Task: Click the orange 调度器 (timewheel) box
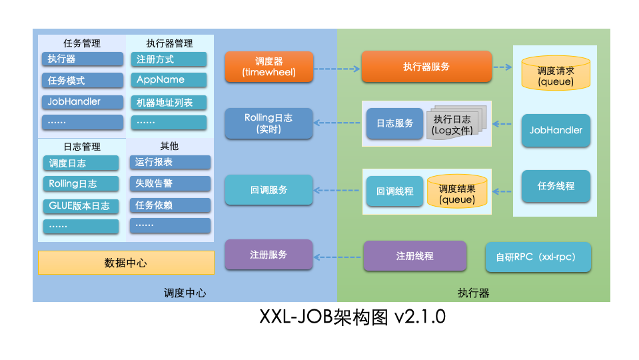(x=269, y=67)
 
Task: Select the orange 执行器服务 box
(x=426, y=67)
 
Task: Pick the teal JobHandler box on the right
(x=556, y=130)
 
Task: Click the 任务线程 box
(x=556, y=186)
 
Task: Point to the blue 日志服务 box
(x=394, y=123)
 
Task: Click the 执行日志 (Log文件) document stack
(x=454, y=125)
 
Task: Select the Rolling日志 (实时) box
(x=269, y=123)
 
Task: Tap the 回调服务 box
(x=269, y=190)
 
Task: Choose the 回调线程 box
(x=394, y=191)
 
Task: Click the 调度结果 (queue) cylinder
(x=457, y=192)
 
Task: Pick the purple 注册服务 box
(x=269, y=255)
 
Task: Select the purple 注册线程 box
(x=414, y=256)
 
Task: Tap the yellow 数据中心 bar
(x=126, y=263)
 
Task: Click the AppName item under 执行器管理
(x=169, y=80)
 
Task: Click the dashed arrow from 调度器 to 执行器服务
(x=336, y=68)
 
